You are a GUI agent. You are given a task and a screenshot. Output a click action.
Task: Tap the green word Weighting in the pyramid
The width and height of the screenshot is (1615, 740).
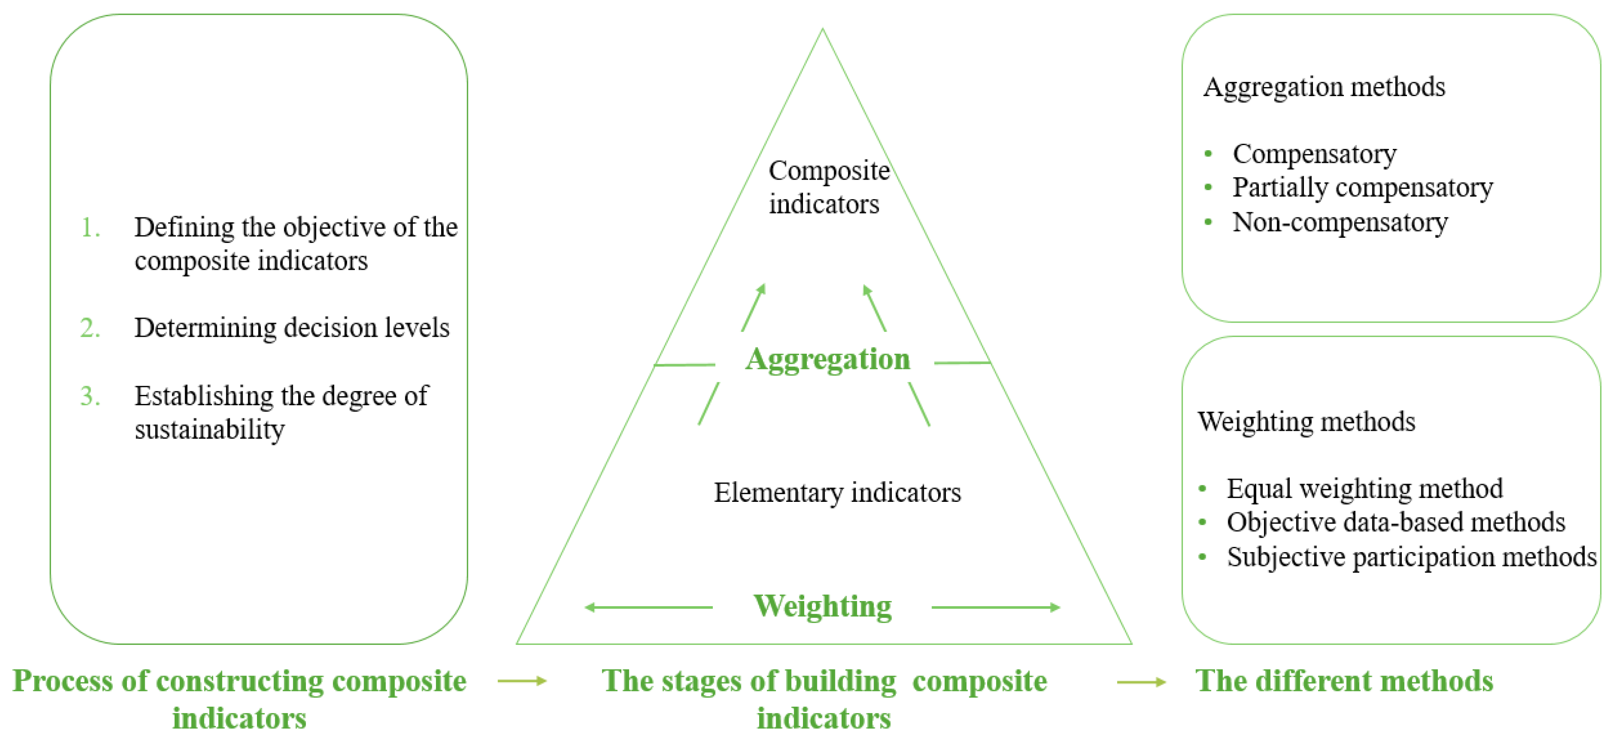pos(822,607)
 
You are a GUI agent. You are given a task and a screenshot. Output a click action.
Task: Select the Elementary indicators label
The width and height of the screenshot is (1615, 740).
pos(837,492)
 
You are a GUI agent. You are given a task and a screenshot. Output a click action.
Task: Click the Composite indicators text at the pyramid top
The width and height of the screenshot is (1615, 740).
pos(828,187)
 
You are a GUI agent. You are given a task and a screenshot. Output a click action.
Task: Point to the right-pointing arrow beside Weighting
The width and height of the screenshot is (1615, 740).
pos(996,607)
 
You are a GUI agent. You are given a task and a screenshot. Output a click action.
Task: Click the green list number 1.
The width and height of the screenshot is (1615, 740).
pos(90,227)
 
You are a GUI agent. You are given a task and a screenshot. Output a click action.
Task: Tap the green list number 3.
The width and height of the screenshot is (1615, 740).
pos(90,396)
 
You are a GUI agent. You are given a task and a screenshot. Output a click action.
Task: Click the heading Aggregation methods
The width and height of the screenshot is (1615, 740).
pos(1323,87)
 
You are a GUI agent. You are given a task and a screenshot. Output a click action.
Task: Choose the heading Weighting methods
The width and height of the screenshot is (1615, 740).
pos(1306,422)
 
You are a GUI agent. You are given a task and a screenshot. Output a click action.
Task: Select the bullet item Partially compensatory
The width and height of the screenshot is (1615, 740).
pos(1362,187)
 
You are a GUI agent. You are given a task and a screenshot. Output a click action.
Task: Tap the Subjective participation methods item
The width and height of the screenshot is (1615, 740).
pos(1410,557)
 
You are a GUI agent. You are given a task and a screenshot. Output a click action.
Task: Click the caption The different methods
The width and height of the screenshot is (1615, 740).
pos(1344,681)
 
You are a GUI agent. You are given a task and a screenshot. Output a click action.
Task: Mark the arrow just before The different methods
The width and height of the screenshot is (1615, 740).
pos(1141,682)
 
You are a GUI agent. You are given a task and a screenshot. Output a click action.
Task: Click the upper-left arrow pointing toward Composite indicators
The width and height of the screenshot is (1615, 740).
pos(754,307)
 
